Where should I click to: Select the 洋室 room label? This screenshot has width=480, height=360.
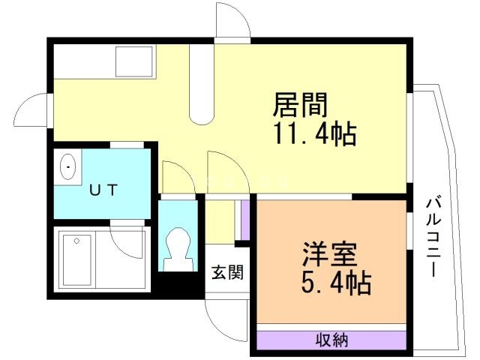click(328, 252)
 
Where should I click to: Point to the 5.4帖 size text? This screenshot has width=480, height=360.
click(328, 283)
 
